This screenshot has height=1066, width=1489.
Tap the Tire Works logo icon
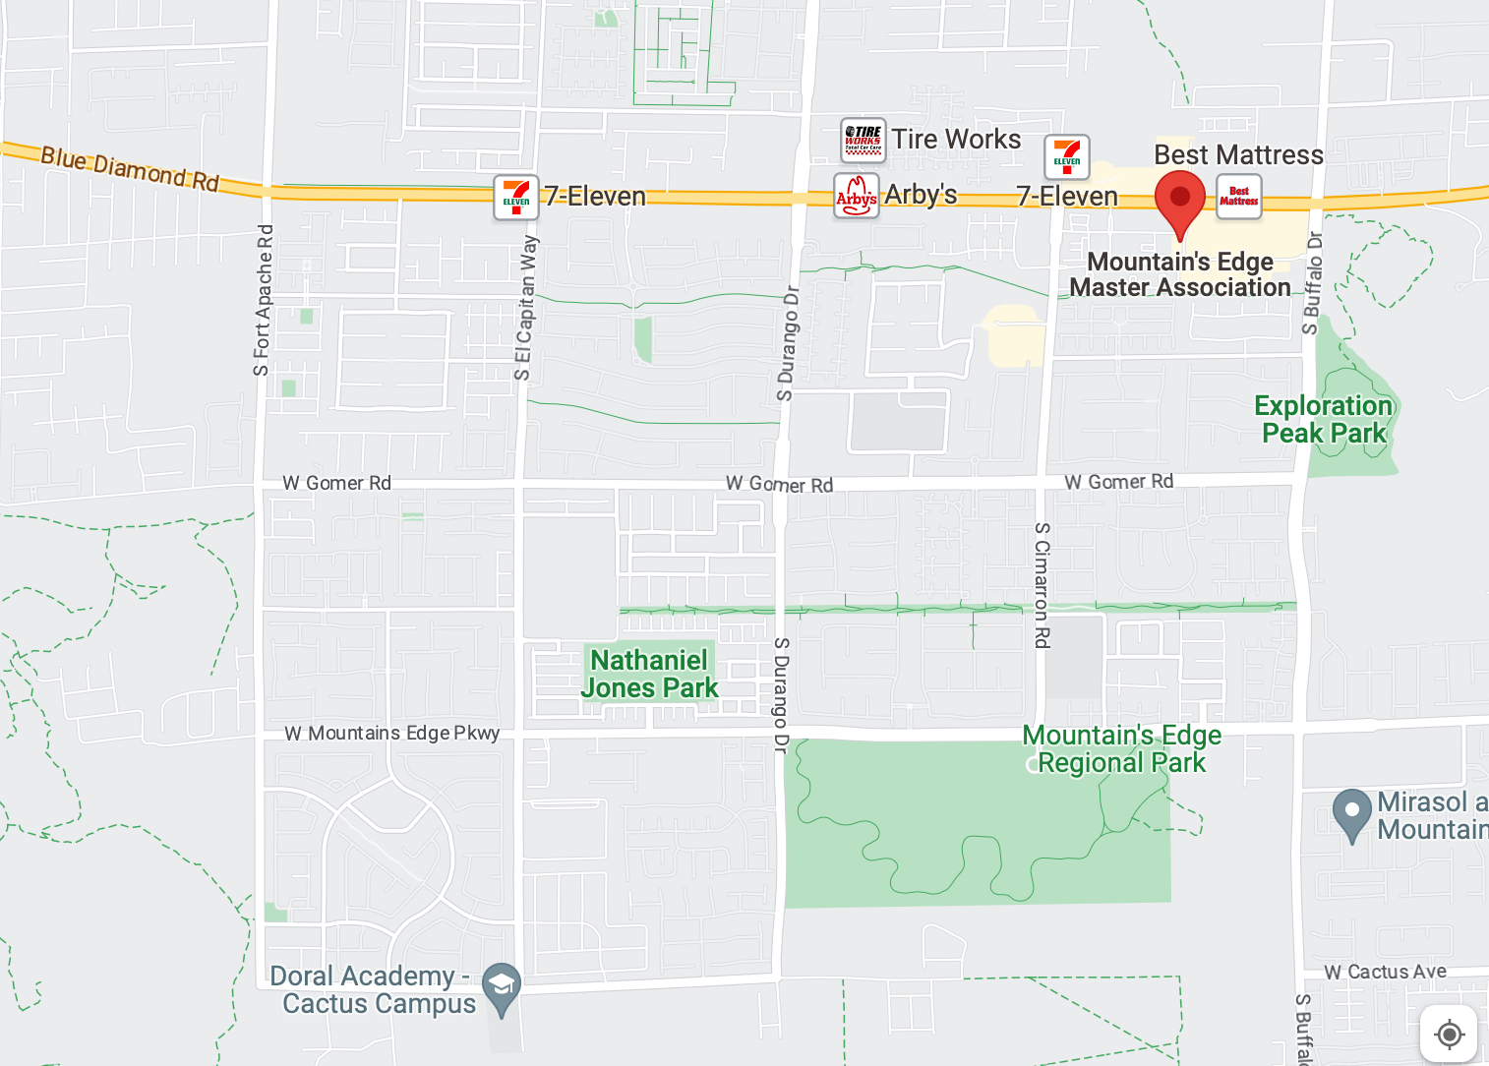[x=863, y=140]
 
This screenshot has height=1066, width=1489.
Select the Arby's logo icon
[x=856, y=196]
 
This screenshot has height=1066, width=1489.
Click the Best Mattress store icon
[x=1238, y=196]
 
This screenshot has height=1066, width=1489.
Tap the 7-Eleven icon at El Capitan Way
[x=516, y=197]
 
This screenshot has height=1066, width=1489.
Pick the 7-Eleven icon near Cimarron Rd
[x=1066, y=157]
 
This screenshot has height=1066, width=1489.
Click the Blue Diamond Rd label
[x=130, y=169]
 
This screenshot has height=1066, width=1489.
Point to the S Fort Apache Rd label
[x=263, y=300]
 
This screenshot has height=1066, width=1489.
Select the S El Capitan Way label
[x=526, y=307]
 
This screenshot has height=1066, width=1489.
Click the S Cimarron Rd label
[x=1042, y=585]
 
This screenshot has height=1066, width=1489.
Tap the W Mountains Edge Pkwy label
[x=392, y=734]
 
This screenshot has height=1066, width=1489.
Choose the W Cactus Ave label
[x=1385, y=972]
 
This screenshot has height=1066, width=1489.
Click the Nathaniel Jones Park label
[x=649, y=674]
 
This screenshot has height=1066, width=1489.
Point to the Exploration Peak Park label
[x=1324, y=420]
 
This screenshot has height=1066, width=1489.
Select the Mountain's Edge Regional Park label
[x=1121, y=749]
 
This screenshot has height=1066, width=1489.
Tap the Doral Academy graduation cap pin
[x=502, y=986]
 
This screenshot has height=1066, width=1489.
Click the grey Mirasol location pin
[x=1351, y=812]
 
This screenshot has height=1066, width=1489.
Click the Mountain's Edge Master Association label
[x=1180, y=275]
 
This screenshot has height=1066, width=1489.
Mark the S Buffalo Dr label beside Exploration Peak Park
[x=1312, y=282]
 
